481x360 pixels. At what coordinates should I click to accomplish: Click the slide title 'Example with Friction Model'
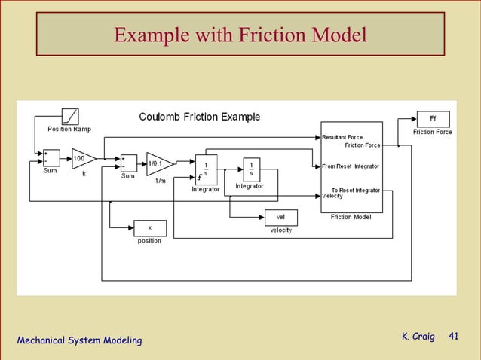[x=240, y=35]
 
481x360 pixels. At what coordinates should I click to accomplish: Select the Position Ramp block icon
[x=69, y=117]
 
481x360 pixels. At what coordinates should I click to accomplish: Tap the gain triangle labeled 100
[x=82, y=159]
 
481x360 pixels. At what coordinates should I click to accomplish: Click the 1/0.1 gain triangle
[x=158, y=163]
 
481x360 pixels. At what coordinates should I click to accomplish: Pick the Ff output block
[x=433, y=119]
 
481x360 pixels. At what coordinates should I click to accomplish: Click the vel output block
[x=280, y=218]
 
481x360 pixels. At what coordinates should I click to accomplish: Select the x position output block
[x=149, y=227]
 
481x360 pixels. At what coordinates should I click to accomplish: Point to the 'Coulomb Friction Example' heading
[x=200, y=117]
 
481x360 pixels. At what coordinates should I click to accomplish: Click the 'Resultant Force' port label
[x=342, y=138]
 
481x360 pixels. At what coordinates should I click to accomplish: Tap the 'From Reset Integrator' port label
[x=351, y=166]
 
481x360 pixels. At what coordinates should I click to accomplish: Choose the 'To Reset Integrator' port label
[x=356, y=191]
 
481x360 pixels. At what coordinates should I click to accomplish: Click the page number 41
[x=453, y=336]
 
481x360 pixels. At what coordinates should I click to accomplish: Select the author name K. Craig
[x=418, y=336]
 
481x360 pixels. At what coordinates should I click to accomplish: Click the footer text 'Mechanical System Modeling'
[x=79, y=341]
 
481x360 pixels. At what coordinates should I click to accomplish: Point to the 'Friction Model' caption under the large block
[x=351, y=217]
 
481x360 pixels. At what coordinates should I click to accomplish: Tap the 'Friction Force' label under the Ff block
[x=432, y=133]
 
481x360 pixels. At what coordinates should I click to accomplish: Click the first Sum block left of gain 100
[x=51, y=158]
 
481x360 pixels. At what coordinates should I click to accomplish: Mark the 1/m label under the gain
[x=160, y=181]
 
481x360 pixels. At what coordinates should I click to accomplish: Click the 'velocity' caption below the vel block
[x=280, y=230]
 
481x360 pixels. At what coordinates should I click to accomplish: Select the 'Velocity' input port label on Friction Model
[x=332, y=197]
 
